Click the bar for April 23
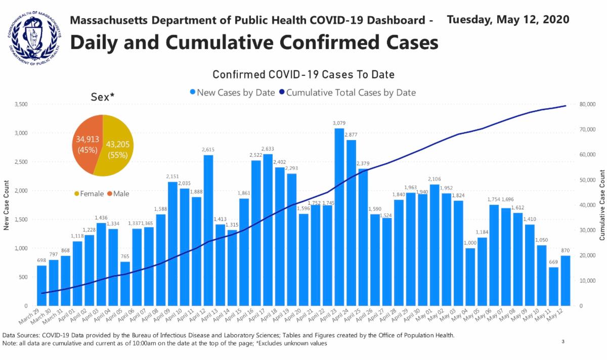[339, 217]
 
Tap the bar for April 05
[125, 284]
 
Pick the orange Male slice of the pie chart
[87, 144]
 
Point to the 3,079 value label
[339, 123]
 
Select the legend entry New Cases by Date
[232, 93]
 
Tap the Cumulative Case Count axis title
[602, 205]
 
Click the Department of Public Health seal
[33, 36]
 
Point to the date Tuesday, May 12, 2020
[508, 20]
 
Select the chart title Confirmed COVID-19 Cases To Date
[303, 74]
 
